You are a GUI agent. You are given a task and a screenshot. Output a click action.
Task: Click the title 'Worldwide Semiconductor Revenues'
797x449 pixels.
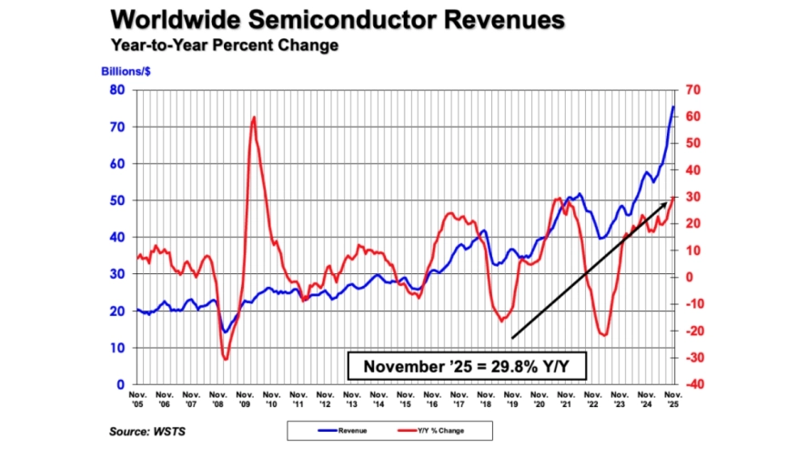tap(337, 20)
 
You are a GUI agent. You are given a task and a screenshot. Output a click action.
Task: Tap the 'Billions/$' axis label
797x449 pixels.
tap(124, 69)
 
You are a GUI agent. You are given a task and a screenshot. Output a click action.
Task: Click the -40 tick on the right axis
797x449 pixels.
tap(689, 384)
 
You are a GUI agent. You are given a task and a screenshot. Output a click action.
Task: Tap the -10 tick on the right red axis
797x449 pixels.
tap(689, 304)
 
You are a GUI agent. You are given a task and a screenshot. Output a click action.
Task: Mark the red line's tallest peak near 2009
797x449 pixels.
tap(254, 117)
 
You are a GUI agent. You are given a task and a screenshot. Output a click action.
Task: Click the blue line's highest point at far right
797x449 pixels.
tap(673, 107)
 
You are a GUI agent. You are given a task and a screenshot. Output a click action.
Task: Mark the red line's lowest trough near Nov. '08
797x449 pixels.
tap(226, 359)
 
